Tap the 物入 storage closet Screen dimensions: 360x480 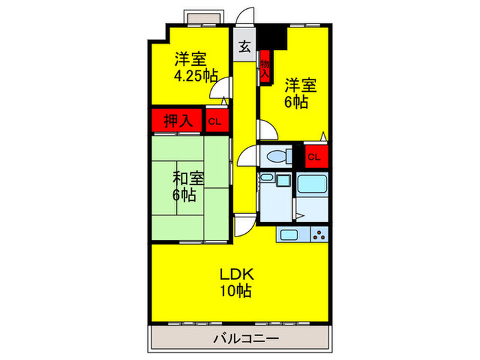(x=265, y=70)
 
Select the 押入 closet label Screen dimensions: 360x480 (x=176, y=121)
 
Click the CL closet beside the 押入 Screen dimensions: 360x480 (x=215, y=122)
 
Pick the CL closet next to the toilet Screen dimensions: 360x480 (x=313, y=157)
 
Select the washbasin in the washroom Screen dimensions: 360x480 (x=267, y=180)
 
